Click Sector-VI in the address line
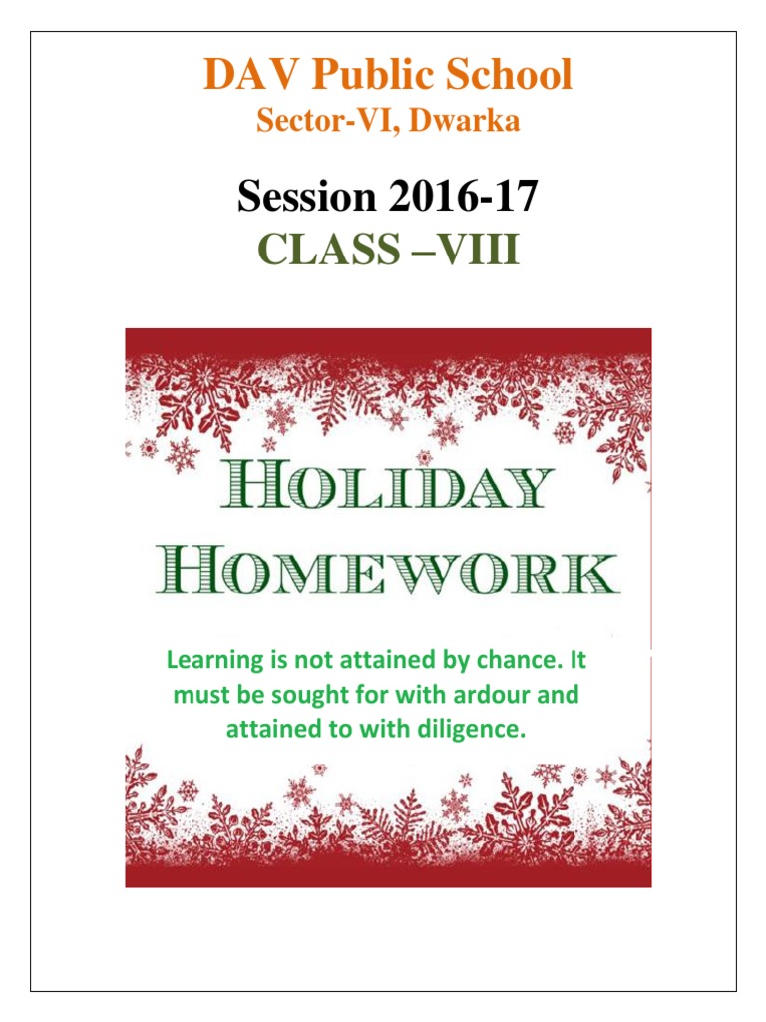[312, 122]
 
